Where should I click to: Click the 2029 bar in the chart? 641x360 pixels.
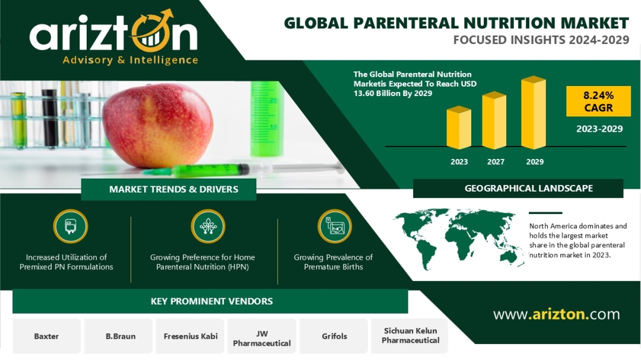click(x=534, y=112)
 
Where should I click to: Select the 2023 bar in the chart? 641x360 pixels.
click(x=459, y=128)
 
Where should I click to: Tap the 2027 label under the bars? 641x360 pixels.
click(x=496, y=162)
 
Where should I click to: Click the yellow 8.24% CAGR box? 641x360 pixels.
click(x=598, y=101)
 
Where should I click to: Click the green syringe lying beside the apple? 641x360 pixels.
click(x=241, y=169)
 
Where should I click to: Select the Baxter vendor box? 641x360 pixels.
click(x=47, y=336)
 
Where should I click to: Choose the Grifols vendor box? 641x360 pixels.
click(x=334, y=336)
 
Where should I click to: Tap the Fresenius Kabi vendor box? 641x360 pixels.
click(x=191, y=336)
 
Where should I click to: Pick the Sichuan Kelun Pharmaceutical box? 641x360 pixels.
click(x=410, y=336)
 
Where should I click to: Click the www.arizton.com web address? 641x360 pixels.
click(x=556, y=314)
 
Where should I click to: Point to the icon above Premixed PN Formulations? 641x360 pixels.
click(x=70, y=227)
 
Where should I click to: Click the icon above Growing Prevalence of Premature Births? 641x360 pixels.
click(x=335, y=227)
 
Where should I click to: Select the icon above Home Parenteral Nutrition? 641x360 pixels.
click(x=208, y=227)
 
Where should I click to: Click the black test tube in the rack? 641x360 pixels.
click(x=50, y=119)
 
